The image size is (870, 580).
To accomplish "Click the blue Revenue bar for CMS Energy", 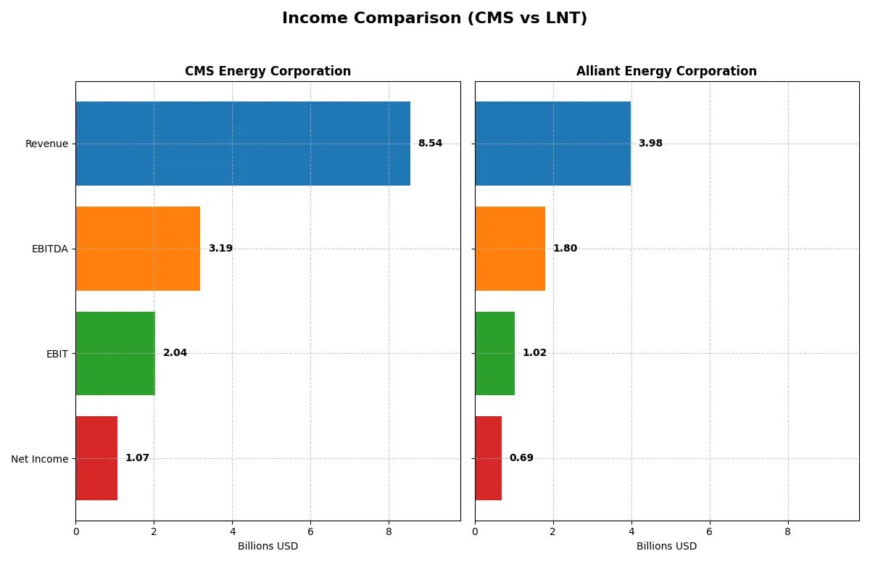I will point(243,144).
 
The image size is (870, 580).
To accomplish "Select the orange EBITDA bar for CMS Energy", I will point(138,249).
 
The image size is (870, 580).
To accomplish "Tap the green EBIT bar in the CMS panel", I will point(115,354).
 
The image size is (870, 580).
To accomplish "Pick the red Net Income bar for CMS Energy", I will point(96,458).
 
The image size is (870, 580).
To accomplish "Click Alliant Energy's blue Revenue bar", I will point(552,144).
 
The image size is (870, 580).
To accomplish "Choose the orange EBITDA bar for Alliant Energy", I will point(510,249).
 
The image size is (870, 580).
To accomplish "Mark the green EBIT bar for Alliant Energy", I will point(494,354).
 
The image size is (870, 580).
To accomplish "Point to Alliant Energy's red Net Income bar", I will point(488,458).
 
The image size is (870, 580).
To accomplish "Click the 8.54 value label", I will point(430,144).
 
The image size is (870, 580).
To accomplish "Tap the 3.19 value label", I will point(220,249).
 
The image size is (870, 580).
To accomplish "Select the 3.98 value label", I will point(650,144).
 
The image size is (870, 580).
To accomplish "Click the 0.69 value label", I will point(521,458).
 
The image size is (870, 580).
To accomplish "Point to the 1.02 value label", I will point(534,353).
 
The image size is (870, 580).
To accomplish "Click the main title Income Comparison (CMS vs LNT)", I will point(434,19).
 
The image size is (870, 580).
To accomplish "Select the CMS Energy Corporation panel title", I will point(268,72).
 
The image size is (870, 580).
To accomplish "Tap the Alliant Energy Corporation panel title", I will point(666,72).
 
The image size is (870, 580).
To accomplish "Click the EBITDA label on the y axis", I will point(49,249).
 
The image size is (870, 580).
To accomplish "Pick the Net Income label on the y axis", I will point(39,459).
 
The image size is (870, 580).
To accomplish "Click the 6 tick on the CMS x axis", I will point(310,531).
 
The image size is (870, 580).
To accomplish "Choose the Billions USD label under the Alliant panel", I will point(666,547).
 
